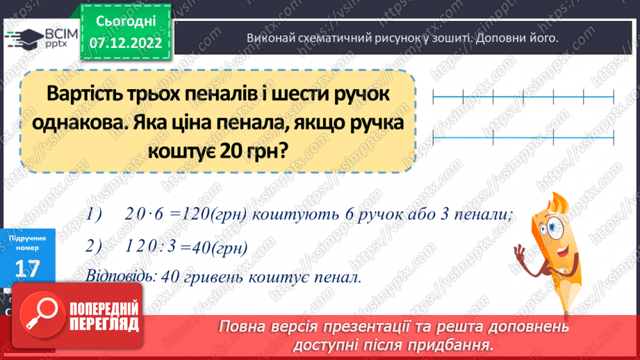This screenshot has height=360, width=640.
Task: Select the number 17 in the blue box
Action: pos(26,268)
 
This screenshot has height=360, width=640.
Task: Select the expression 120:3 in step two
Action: pos(151,246)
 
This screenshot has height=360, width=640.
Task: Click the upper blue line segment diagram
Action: pos(523,97)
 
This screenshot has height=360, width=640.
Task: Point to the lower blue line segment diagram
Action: pos(523,138)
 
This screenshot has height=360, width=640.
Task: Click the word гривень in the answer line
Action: pos(209,276)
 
